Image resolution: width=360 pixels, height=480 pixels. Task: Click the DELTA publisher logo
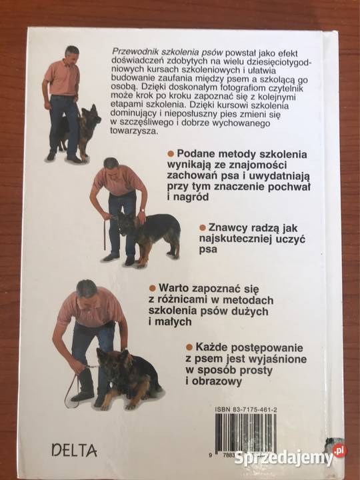click(74, 451)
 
